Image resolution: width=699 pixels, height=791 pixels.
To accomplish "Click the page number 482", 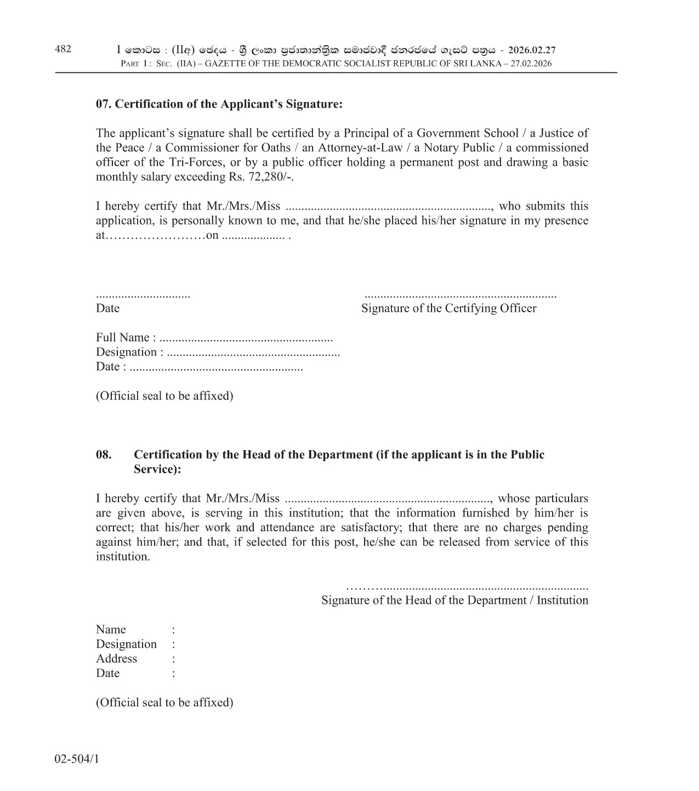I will tap(63, 49).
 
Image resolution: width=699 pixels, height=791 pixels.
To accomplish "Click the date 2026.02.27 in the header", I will tap(532, 50).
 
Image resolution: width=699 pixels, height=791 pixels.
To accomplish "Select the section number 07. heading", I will tap(104, 104).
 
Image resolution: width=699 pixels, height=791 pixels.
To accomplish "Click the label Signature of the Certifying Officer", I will tap(448, 308).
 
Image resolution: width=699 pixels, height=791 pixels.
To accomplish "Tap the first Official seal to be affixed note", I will tap(164, 396).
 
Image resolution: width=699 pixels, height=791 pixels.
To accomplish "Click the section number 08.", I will tap(104, 455).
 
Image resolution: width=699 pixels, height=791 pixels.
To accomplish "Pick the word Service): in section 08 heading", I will tap(157, 469).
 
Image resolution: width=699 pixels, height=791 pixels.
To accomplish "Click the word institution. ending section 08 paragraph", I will tap(123, 557).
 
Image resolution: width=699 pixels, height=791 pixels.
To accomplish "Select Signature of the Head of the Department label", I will tap(454, 600).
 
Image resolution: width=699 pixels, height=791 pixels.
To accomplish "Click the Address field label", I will tap(116, 659).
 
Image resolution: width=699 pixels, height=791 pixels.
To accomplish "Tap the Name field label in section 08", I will tap(111, 630).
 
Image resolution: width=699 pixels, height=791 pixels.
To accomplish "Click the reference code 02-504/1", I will tap(77, 759).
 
